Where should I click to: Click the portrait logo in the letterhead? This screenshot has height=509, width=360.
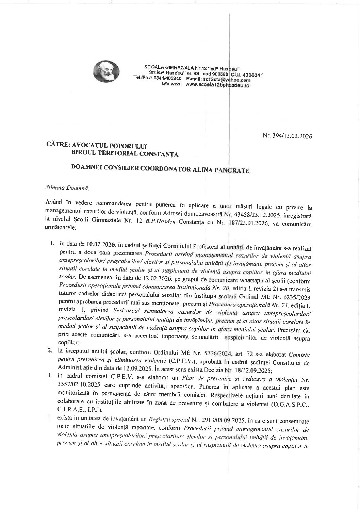106,71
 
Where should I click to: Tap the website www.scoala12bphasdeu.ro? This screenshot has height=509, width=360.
217,85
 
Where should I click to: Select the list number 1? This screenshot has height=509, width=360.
52,244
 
